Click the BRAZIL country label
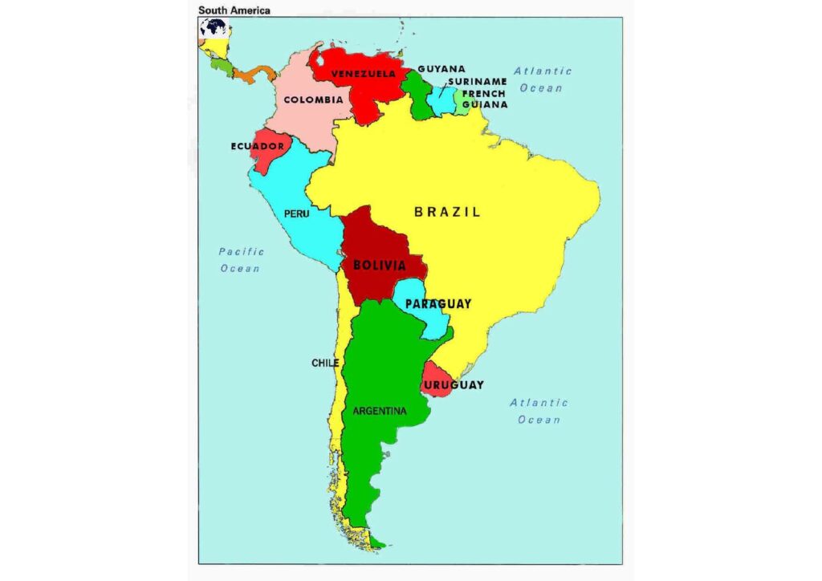(x=447, y=213)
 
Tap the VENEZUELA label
(x=363, y=74)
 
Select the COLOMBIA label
(x=313, y=100)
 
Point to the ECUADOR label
(x=257, y=146)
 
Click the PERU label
(x=296, y=214)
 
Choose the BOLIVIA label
(x=379, y=264)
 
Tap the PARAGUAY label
(x=437, y=304)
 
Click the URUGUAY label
(x=454, y=385)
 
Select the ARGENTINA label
(x=380, y=411)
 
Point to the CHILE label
(x=325, y=363)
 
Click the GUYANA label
(x=441, y=69)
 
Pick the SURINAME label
(x=477, y=81)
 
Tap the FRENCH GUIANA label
(x=484, y=99)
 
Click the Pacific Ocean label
(x=241, y=260)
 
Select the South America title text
(x=234, y=10)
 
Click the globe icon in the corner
(x=214, y=28)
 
